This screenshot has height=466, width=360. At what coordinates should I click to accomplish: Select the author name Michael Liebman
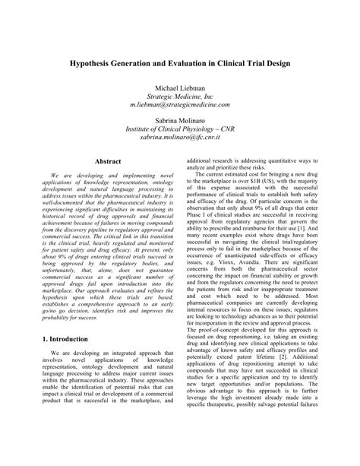click(181, 90)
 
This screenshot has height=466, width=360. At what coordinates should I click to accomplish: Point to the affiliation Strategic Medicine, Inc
click(181, 99)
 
